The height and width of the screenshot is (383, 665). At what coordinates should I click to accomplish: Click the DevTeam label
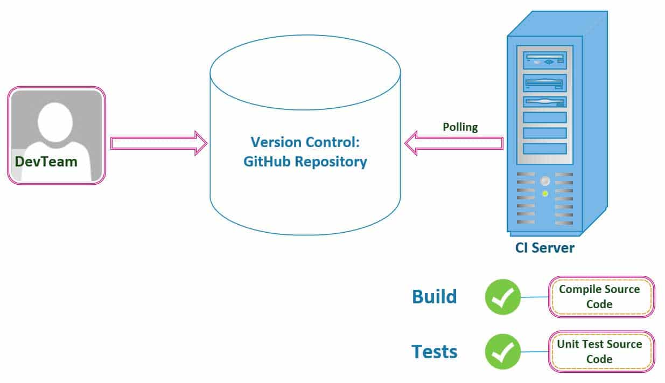(x=46, y=162)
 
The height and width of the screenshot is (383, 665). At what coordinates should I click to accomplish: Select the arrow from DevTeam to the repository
(x=159, y=143)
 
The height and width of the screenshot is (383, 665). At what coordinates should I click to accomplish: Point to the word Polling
(x=460, y=127)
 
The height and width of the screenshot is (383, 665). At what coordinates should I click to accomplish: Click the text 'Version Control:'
(x=305, y=143)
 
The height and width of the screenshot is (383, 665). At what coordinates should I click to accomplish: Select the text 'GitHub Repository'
(x=305, y=162)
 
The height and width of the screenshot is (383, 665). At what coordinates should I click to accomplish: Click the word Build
(x=434, y=297)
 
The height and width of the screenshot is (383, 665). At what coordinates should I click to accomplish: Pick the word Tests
(x=434, y=352)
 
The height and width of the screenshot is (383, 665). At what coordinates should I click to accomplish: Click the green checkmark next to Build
(x=502, y=297)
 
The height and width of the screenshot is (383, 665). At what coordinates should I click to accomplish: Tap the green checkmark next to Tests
(x=502, y=352)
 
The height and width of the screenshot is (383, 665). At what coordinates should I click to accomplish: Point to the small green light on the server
(x=545, y=193)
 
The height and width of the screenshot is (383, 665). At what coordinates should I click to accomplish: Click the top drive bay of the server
(x=542, y=60)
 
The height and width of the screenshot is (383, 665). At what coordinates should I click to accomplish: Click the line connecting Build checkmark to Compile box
(x=535, y=297)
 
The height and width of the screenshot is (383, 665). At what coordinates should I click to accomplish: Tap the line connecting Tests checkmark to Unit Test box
(x=535, y=352)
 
